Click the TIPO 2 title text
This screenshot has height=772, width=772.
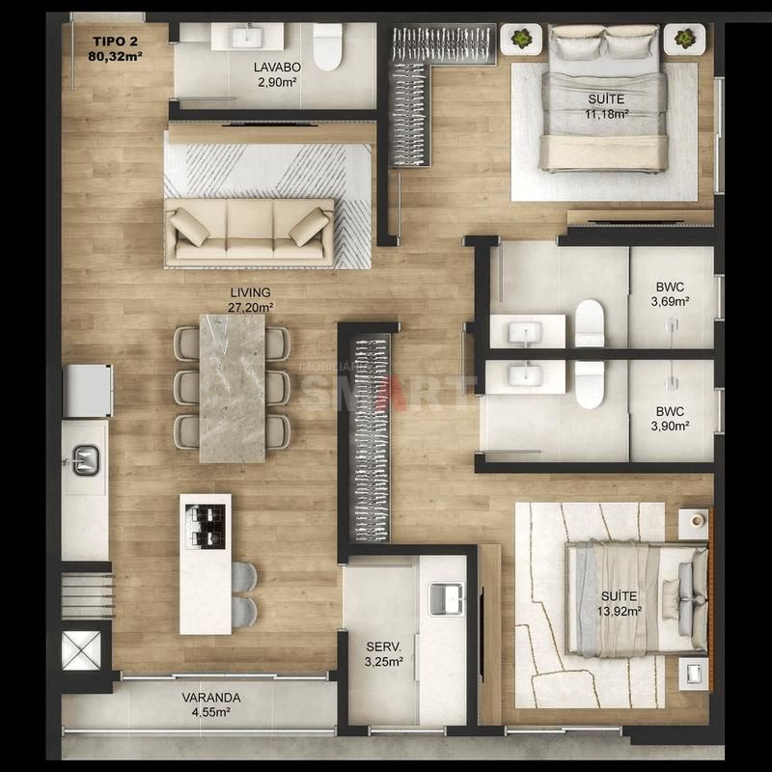pos(116,41)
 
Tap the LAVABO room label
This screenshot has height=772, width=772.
pos(277,67)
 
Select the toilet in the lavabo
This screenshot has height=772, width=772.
pos(327,46)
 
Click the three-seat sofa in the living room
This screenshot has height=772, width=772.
pos(250,229)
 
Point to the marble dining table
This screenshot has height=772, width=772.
pos(232,389)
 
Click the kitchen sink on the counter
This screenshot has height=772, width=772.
pos(86,460)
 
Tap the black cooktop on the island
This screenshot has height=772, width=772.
pos(206,526)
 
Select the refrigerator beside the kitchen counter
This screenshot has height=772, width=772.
pos(88,391)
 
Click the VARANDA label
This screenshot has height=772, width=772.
pos(211,698)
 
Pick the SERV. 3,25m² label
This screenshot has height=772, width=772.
pos(384,654)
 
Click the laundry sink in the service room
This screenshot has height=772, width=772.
pos(446,598)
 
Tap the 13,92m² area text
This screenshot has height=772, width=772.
pos(619,612)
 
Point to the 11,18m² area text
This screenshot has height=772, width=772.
pos(606,114)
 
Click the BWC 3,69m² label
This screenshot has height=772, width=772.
pos(670,294)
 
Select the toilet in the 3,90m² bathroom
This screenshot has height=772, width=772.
pos(590,384)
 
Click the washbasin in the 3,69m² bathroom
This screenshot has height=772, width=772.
pos(525,332)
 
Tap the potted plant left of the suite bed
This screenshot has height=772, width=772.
pos(521,38)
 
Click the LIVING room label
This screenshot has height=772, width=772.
pos(250,292)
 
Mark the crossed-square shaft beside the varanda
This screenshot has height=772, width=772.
pos(81,650)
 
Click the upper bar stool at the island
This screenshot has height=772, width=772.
pos(244,576)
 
